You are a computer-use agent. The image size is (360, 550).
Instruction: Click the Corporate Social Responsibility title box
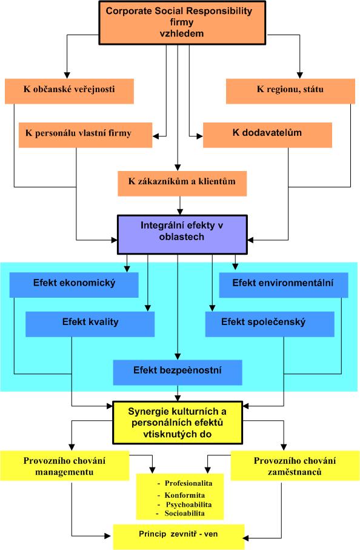point(182,22)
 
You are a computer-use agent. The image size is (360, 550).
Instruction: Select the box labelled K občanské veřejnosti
point(70,91)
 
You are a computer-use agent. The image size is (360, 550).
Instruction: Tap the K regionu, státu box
point(290,91)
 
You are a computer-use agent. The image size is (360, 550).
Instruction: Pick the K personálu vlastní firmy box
point(85,135)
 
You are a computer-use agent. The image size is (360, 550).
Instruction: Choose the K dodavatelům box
point(267,135)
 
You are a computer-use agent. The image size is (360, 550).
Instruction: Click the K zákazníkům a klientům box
point(182,184)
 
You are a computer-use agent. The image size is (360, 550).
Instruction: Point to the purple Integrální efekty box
point(182,234)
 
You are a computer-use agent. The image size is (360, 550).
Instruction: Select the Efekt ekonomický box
point(74,285)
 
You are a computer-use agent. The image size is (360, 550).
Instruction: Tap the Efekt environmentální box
point(284,285)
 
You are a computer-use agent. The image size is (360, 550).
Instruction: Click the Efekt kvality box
point(90,324)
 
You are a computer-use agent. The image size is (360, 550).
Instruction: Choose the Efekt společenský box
point(270,324)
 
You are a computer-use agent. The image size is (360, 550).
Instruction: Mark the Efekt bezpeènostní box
point(178,372)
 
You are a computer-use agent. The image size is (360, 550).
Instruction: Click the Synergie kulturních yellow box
point(178,423)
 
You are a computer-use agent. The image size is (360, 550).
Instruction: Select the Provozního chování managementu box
point(64,466)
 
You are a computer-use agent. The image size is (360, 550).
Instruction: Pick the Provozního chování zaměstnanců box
point(295,466)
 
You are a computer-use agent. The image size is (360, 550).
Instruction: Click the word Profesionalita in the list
point(188,483)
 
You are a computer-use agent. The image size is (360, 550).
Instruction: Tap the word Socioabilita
point(185,513)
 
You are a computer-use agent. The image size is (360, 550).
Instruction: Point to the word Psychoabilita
point(189,505)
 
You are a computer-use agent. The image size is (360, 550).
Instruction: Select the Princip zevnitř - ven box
point(178,537)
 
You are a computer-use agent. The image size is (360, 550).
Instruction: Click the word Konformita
point(185,495)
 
